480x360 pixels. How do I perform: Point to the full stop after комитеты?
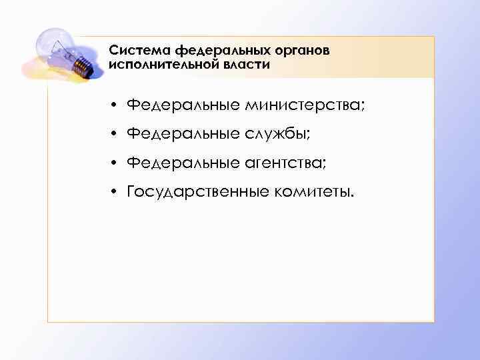pos(354,196)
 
